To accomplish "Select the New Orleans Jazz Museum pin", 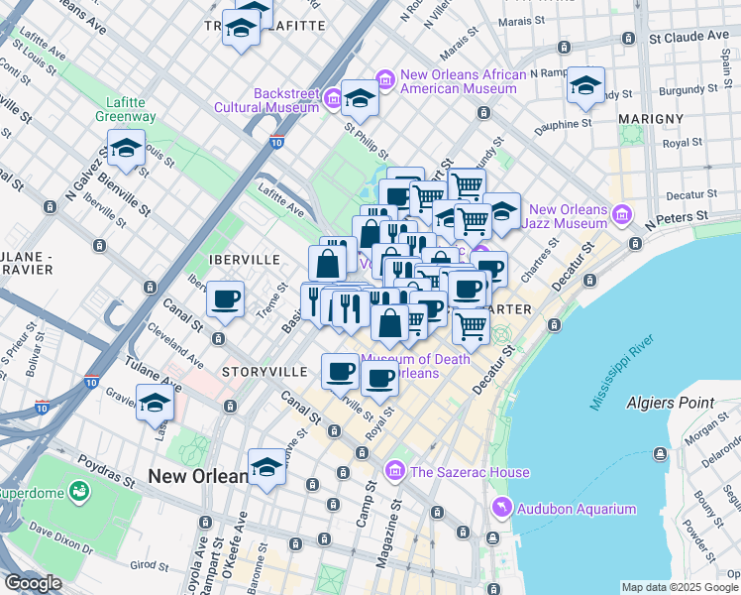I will coord(622,214).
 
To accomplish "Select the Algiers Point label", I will coord(670,403).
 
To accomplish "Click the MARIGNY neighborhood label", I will coord(650,119).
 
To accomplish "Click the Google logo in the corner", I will coord(34,583).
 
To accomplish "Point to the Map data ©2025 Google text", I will coord(680,587).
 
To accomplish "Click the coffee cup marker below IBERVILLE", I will coord(226,299).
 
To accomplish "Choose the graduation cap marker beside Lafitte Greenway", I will coord(126,150).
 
